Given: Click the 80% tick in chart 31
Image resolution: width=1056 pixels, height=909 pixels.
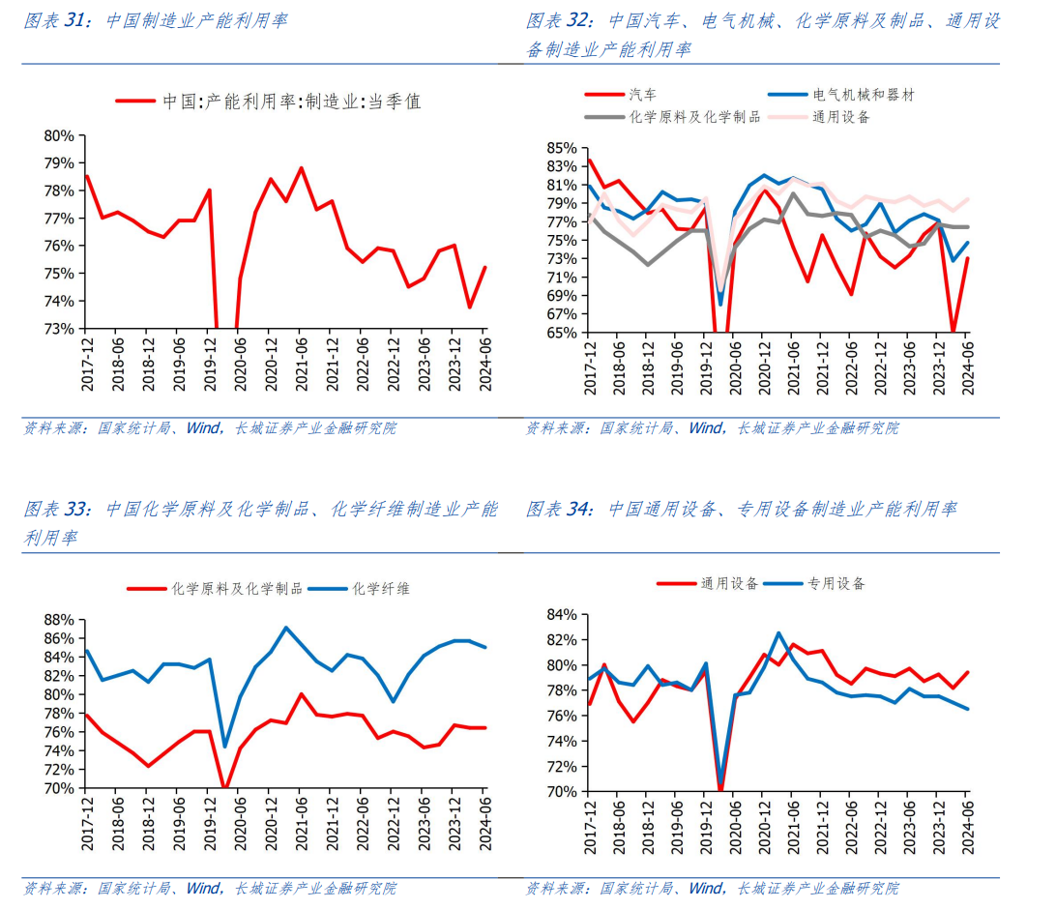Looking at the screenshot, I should coord(59,135).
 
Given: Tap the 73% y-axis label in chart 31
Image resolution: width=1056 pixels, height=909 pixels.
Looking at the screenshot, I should coord(59,329).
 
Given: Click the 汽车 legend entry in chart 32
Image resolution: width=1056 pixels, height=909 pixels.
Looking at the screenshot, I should coord(642,94).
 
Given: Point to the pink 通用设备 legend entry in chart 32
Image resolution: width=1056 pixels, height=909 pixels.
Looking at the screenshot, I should coord(840,116).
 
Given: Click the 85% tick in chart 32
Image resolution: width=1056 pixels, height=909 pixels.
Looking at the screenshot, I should coord(561,148).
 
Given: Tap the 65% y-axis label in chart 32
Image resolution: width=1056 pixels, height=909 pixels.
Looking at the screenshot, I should coord(561,333).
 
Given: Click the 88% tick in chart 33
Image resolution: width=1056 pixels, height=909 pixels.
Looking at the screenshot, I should coord(59,620).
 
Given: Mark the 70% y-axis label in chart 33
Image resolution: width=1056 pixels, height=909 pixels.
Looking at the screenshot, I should coord(59,788).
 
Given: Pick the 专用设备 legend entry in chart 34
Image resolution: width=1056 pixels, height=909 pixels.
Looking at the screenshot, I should coord(836,583).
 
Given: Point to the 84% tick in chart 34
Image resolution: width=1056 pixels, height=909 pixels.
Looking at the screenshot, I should coord(561,615).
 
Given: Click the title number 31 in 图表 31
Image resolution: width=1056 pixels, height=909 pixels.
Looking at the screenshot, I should coord(76,19).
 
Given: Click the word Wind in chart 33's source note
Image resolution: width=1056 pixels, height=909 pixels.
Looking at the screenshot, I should coord(204,887).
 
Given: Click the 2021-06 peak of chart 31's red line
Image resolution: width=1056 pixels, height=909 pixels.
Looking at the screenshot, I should coord(301,168).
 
